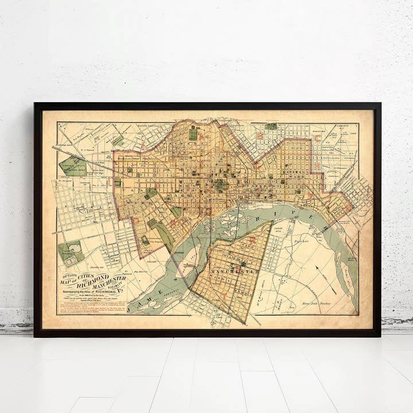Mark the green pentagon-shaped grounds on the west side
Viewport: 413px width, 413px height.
click(73, 166)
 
